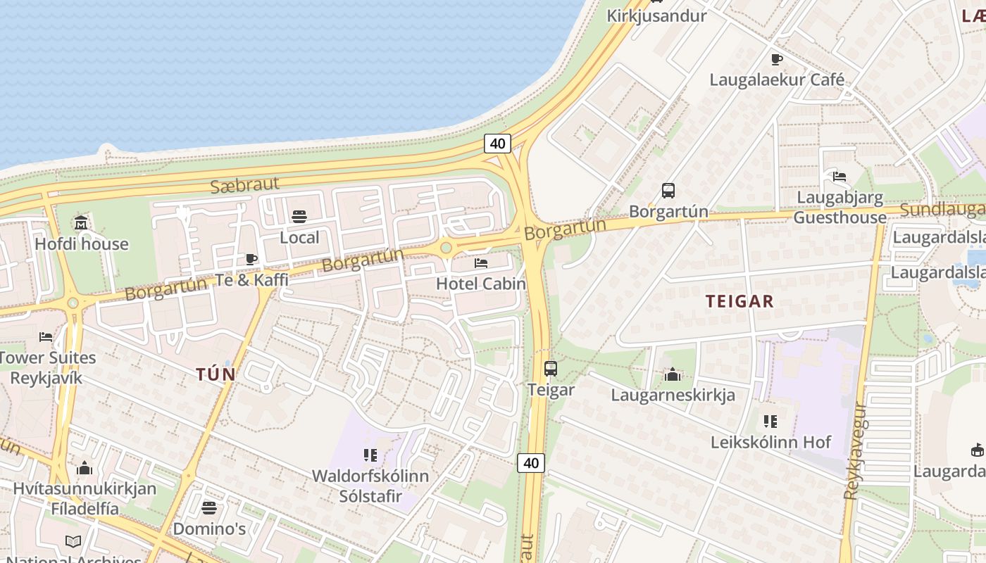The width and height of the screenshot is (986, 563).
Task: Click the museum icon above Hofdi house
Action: point(81,223)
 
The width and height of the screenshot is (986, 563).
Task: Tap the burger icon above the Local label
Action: point(299,217)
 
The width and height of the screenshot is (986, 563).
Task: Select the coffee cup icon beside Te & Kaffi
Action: point(251,260)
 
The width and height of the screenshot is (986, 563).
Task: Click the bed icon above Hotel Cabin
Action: point(481,263)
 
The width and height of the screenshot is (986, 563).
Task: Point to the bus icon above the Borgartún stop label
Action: point(668,190)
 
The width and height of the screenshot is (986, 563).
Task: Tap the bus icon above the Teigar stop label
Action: point(551,368)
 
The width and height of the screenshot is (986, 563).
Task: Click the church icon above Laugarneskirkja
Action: point(673,374)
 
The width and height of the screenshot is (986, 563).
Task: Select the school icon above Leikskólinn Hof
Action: point(770,422)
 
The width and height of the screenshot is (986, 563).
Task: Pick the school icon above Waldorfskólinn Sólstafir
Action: point(370,455)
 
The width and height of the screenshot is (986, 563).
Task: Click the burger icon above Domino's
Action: point(209,507)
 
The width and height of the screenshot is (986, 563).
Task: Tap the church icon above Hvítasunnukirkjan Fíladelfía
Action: point(85,468)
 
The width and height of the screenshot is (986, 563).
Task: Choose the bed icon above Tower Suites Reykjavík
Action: point(46,337)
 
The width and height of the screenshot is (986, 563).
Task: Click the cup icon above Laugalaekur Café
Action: point(776,59)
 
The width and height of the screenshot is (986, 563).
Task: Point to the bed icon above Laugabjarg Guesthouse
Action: point(839,177)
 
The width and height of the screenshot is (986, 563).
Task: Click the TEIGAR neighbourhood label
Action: point(739,301)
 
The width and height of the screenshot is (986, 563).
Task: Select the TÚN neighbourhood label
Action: point(216,374)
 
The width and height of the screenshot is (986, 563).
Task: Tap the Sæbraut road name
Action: point(245,185)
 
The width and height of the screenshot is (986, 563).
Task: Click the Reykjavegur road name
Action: point(856,450)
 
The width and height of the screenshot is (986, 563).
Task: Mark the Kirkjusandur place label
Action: point(656,15)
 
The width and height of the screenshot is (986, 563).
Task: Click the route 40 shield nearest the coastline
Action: point(497,144)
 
